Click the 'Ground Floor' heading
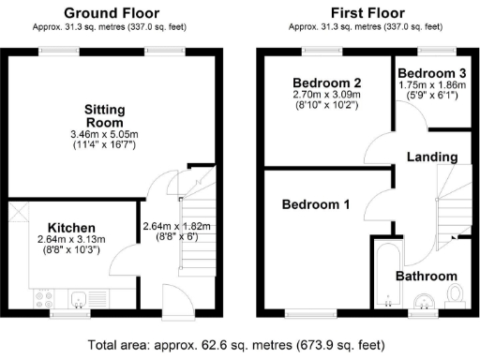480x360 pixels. [x=111, y=12]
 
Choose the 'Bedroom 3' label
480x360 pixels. [x=432, y=72]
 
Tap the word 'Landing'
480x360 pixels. [x=432, y=157]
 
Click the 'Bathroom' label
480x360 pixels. [x=426, y=276]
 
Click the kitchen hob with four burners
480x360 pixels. [x=42, y=300]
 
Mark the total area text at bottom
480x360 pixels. [x=240, y=344]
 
